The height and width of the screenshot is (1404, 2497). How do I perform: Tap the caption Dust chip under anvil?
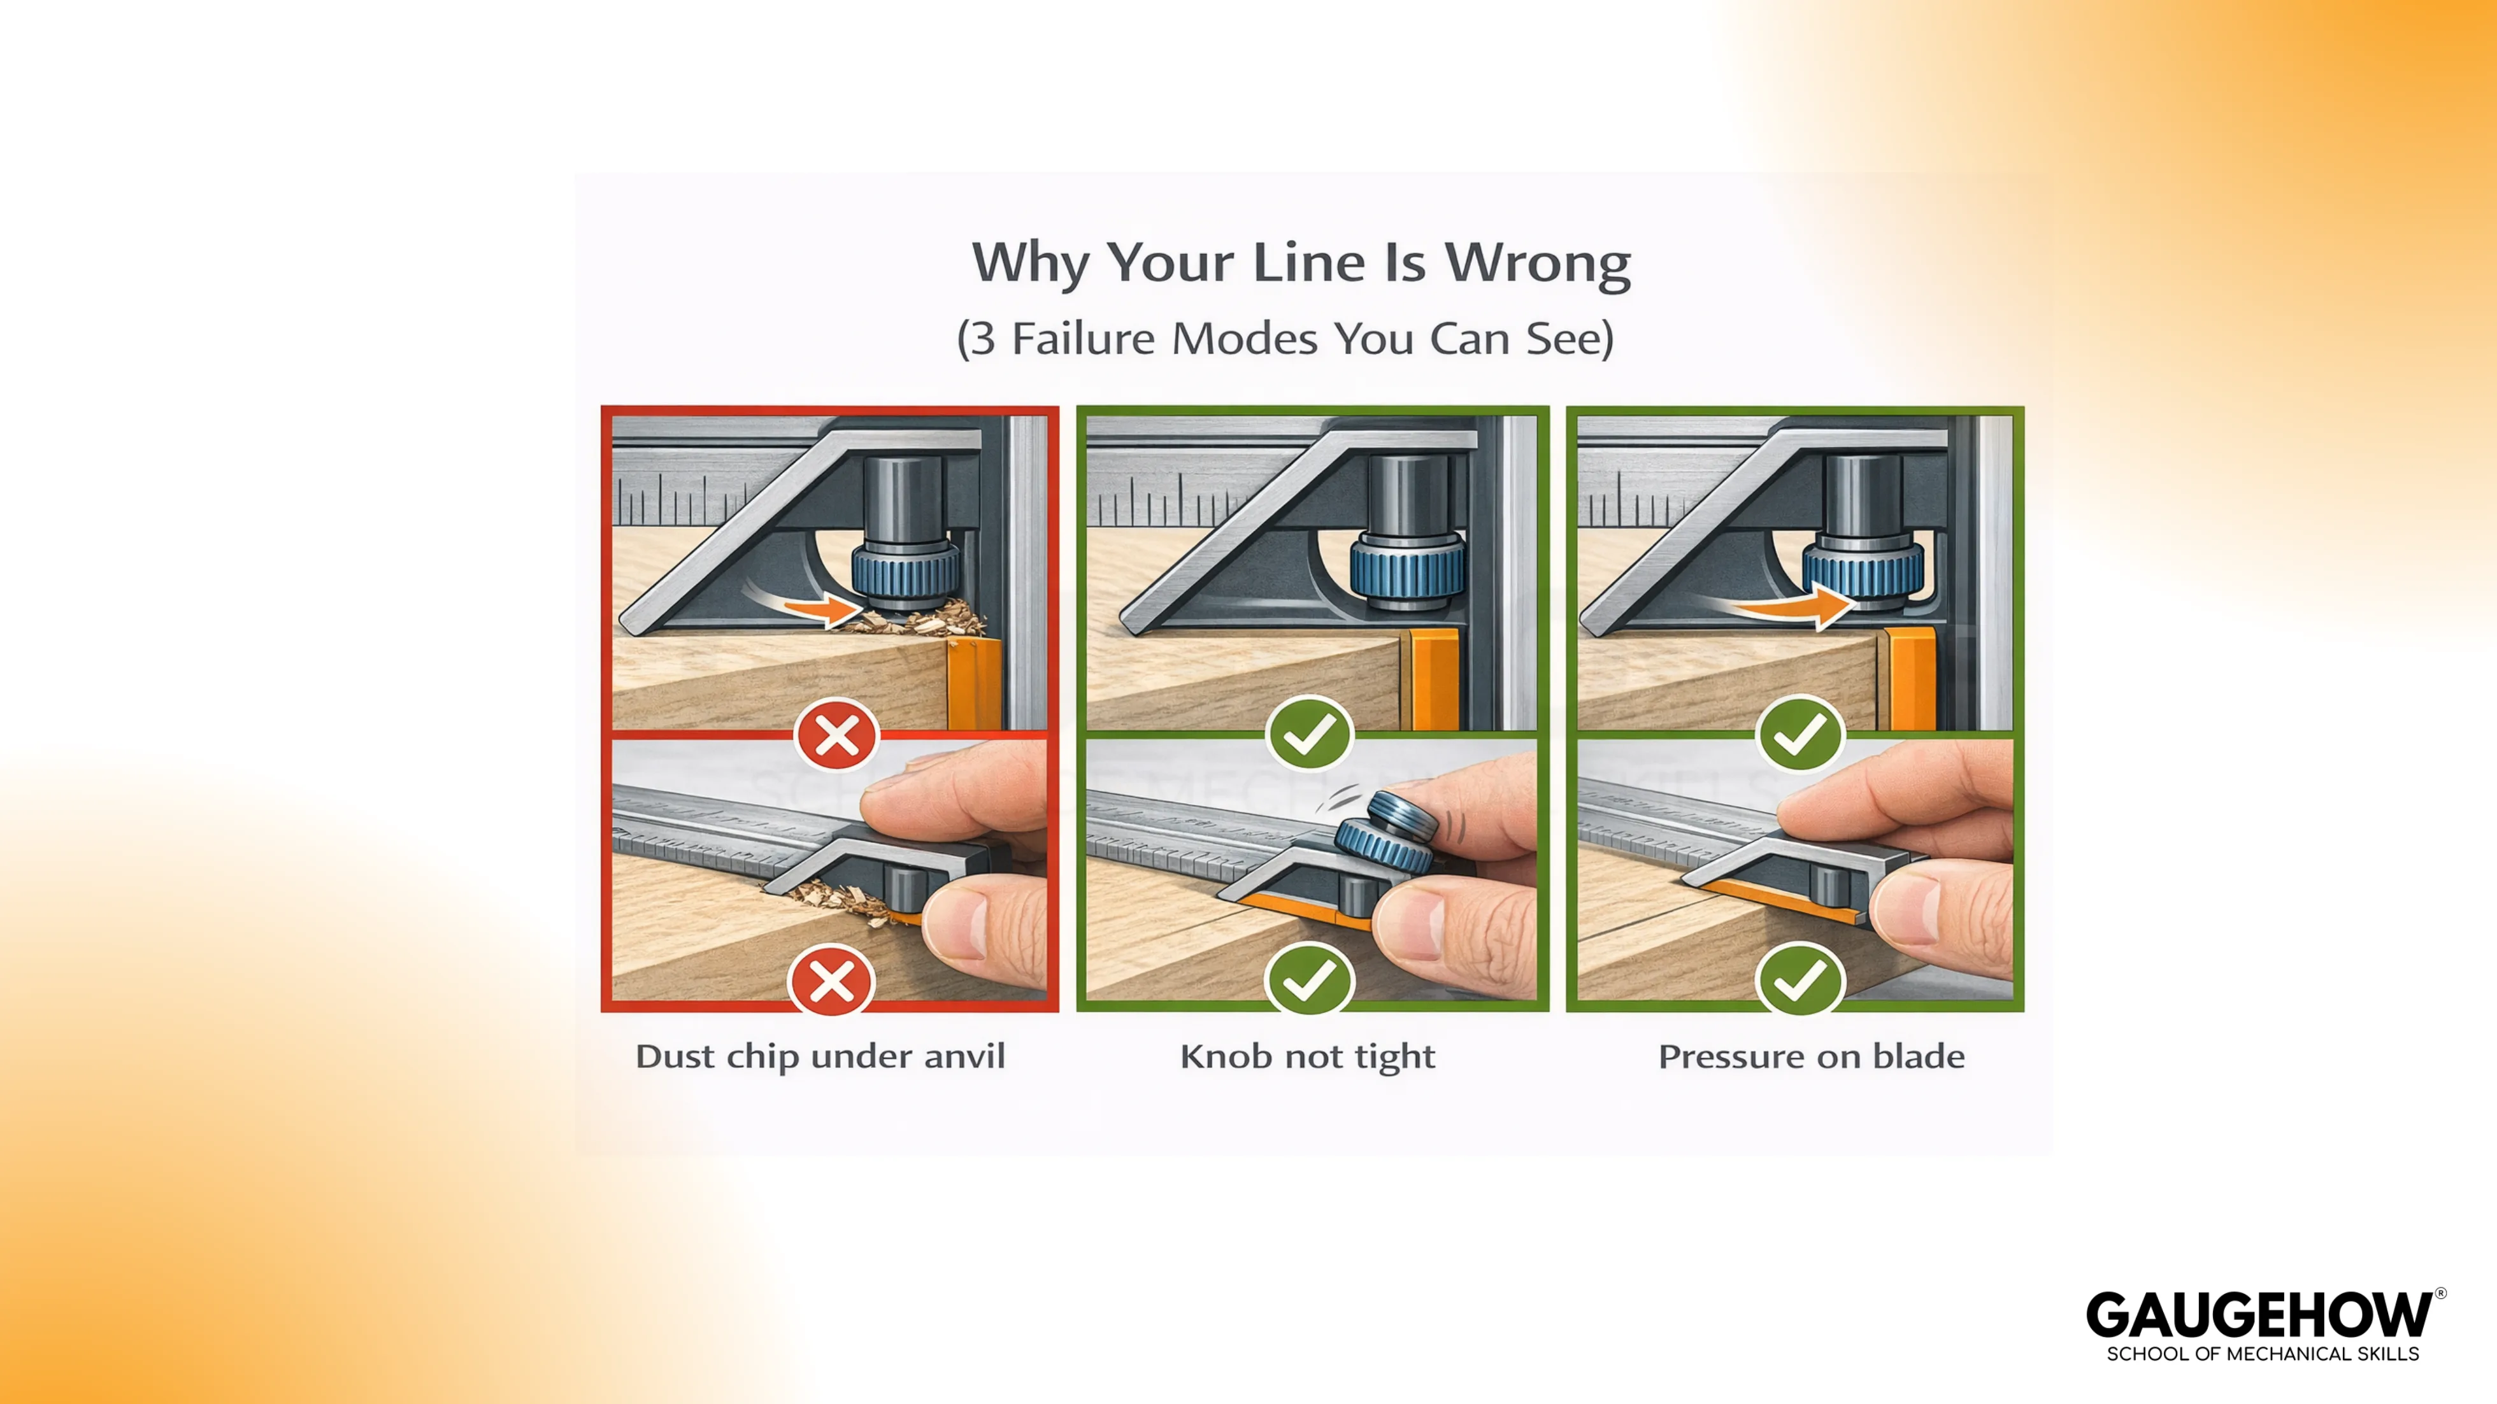[x=820, y=1056]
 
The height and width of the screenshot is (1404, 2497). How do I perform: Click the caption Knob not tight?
[x=1306, y=1056]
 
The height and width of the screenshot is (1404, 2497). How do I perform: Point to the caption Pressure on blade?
[x=1811, y=1056]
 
